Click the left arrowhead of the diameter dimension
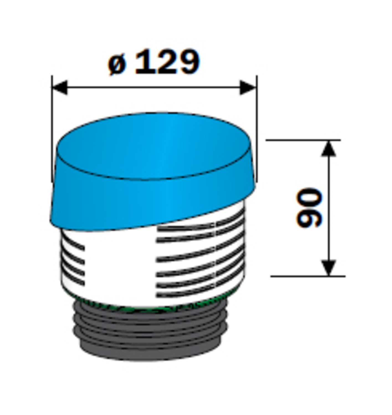[x=59, y=87]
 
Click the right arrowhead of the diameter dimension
[x=248, y=87]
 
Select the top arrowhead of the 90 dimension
[x=329, y=148]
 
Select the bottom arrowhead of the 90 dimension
[x=329, y=268]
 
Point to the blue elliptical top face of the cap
[x=154, y=146]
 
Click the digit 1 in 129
[x=143, y=62]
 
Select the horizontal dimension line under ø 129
[x=154, y=87]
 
